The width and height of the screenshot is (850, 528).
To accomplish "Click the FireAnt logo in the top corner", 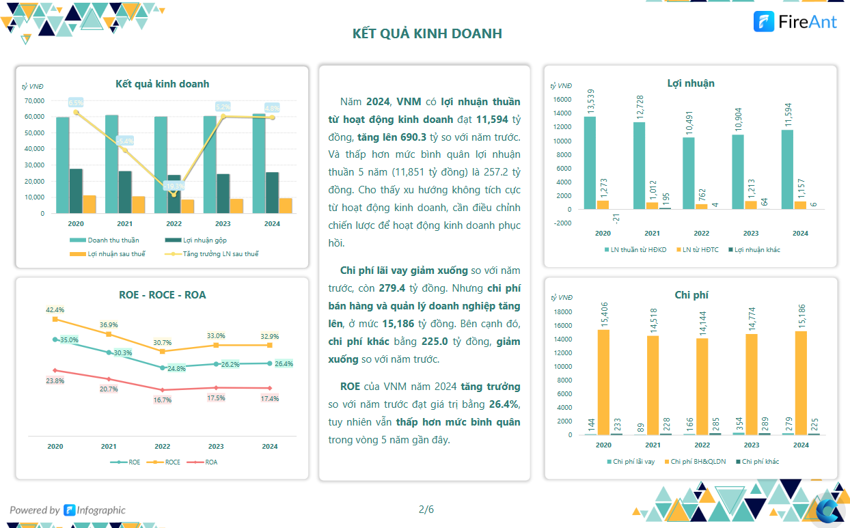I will pos(795,22).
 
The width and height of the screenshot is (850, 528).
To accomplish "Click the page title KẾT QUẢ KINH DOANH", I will pos(427,33).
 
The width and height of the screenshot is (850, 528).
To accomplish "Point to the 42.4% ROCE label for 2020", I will pos(55,310).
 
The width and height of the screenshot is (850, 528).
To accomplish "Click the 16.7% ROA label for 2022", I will pos(163,400).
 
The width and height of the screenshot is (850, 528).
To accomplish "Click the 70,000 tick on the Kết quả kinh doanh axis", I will pos(33,100).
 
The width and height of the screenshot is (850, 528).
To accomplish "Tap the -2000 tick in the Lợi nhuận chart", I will pos(562,223).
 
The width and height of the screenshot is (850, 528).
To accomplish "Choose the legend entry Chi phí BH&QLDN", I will pos(697,462).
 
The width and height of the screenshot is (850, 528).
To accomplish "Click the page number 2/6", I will pos(426,509).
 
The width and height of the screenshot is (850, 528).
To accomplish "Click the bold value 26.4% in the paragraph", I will pos(504,404).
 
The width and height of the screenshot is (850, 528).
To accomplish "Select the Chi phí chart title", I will pos(691,294).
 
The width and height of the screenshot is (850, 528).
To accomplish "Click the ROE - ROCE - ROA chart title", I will pos(162,295).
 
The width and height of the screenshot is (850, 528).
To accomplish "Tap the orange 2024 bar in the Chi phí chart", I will pos(801,383).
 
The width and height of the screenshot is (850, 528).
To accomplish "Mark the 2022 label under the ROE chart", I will pos(162,446).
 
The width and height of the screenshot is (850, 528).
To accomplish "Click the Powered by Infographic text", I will pos(68,510).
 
